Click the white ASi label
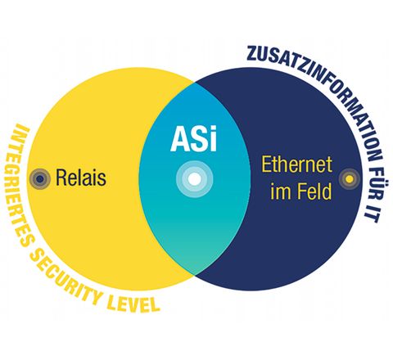point(194,138)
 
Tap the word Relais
point(81,178)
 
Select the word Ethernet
point(297,164)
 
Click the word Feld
point(314,191)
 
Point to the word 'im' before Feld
point(281,191)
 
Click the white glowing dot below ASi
point(194,179)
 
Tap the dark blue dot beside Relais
point(40,179)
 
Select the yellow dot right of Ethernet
point(350,179)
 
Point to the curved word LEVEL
point(133,304)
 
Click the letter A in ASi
point(179,139)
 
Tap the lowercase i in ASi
point(214,138)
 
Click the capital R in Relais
point(61,178)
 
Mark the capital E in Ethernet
point(266,164)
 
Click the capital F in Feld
point(301,191)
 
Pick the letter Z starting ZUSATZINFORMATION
point(252,54)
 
